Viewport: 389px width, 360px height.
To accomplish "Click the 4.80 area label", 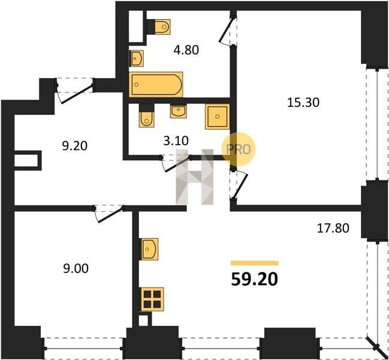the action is point(186,50).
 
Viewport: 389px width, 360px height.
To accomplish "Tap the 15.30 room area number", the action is point(303,102).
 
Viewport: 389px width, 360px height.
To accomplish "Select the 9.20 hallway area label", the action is point(75,146).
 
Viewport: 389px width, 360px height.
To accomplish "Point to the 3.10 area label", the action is point(176,141).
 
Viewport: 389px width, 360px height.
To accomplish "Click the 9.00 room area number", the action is point(76,269).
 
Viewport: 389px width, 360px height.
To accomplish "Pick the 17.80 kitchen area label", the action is point(333,228).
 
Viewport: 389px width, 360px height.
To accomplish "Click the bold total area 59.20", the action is point(254,280).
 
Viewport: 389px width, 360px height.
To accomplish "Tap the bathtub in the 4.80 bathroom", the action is point(156,85).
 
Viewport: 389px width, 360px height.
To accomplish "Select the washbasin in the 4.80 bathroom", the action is point(137,58).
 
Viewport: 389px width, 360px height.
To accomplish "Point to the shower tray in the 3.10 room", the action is point(218,116).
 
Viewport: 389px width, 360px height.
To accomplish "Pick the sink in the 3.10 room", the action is point(179,112).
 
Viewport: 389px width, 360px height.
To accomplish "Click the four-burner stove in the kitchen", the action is point(152,299).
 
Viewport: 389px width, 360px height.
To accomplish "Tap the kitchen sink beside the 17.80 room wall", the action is point(149,249).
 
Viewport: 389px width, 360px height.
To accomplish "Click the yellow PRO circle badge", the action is point(238,149).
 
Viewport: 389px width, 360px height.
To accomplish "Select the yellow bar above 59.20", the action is point(255,263).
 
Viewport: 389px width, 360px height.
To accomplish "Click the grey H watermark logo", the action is point(194,177).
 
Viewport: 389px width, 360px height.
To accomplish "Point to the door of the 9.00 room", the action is point(109,213).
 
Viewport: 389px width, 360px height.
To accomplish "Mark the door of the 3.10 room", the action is point(176,163).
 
